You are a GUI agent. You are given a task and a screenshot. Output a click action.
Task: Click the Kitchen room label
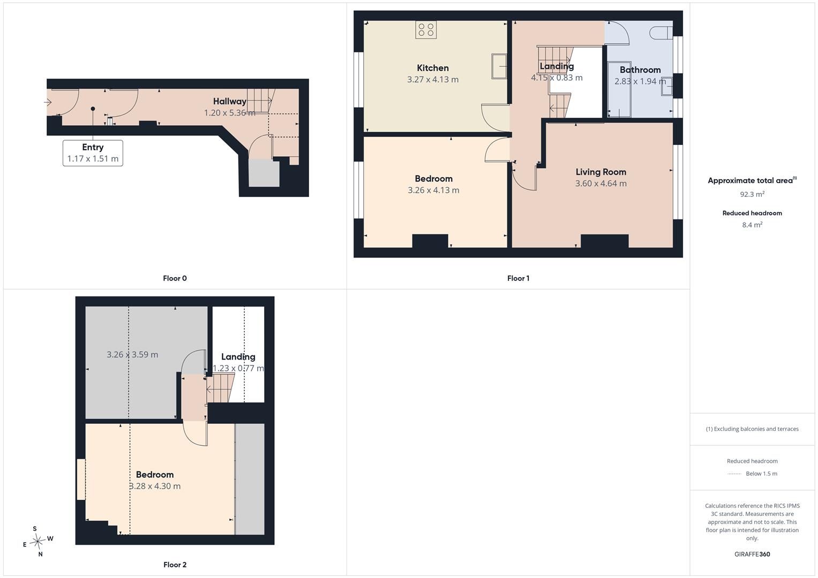pyautogui.click(x=433, y=68)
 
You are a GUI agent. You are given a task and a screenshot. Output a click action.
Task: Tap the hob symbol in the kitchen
pyautogui.click(x=426, y=30)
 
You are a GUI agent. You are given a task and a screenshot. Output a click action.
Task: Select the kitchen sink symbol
pyautogui.click(x=499, y=66)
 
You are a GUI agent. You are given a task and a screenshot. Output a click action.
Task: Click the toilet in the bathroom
pyautogui.click(x=661, y=33)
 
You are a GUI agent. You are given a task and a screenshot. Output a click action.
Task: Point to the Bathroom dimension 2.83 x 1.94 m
pyautogui.click(x=640, y=81)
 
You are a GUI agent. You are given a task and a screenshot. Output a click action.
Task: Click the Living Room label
pyautogui.click(x=601, y=172)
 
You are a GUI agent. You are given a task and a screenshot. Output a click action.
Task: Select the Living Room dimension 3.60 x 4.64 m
pyautogui.click(x=601, y=184)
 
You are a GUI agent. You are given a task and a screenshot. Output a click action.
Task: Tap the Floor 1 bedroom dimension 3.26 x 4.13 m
pyautogui.click(x=433, y=190)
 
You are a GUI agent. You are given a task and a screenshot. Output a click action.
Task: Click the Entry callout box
pyautogui.click(x=93, y=153)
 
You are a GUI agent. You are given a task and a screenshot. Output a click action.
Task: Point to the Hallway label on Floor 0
pyautogui.click(x=230, y=102)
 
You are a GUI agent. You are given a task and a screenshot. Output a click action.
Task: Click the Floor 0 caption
pyautogui.click(x=175, y=278)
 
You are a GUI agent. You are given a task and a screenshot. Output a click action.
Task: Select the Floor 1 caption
pyautogui.click(x=518, y=278)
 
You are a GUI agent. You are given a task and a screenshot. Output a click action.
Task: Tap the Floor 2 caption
pyautogui.click(x=175, y=565)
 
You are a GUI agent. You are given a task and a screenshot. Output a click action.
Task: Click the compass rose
pyautogui.click(x=37, y=542)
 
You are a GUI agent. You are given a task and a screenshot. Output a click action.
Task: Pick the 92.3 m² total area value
pyautogui.click(x=752, y=194)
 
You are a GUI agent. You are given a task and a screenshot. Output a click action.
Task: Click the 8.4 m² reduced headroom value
pyautogui.click(x=752, y=225)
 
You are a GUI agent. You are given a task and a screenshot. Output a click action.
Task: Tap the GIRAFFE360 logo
pyautogui.click(x=752, y=554)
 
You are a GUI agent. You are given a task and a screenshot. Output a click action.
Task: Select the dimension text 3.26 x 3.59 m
pyautogui.click(x=132, y=355)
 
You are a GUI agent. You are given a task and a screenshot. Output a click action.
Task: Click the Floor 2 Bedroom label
pyautogui.click(x=155, y=475)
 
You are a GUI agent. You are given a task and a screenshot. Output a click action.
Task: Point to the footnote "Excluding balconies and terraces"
pyautogui.click(x=756, y=429)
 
